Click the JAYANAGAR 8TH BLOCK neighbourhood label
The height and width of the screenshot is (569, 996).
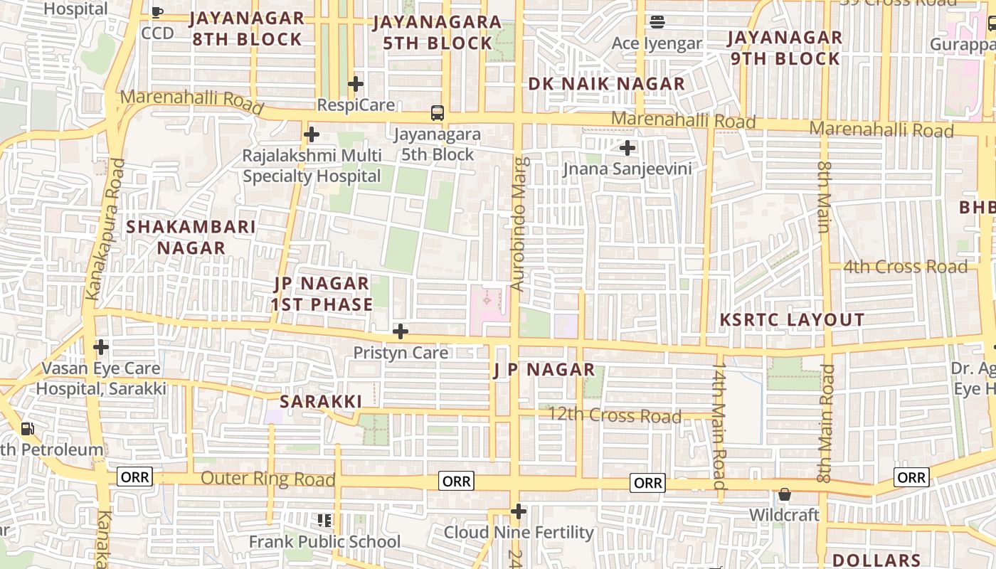coord(247,28)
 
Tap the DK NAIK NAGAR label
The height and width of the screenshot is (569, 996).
coord(606,84)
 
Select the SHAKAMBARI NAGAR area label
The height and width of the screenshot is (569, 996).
coord(191,237)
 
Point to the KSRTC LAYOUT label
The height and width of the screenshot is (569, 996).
coord(792,319)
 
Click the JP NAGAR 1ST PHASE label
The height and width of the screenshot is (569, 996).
coord(322,294)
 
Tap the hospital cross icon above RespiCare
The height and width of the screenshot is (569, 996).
coord(356,85)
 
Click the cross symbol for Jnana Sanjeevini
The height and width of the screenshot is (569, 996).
coord(627,148)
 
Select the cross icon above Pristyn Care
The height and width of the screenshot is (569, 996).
coord(401,331)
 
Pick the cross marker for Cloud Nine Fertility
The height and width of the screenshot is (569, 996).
coord(519,511)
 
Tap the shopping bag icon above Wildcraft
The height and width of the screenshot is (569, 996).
coord(785,494)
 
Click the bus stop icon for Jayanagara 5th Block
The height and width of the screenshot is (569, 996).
coord(437,113)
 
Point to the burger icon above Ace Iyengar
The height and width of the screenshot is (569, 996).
coord(657,22)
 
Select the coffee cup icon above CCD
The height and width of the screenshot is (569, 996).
coord(157,12)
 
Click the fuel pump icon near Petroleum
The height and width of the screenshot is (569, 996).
coord(27,429)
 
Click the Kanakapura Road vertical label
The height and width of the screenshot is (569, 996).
coord(105,229)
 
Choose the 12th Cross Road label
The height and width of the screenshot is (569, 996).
coord(614,415)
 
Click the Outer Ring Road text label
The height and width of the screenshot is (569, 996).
coord(267,479)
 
